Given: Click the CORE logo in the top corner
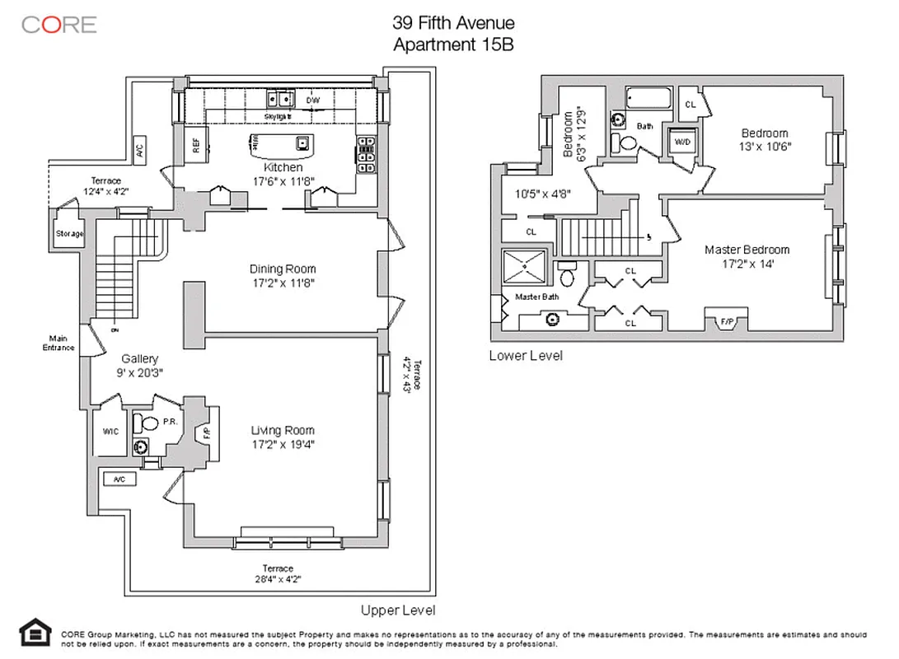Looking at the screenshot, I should click(59, 24).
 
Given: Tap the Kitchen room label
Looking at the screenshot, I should click(271, 167).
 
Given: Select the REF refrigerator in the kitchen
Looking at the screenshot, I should click(196, 146).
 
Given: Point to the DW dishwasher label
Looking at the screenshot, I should click(312, 100).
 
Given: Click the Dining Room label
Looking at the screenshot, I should click(283, 269).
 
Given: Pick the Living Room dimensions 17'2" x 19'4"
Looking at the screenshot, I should click(283, 445).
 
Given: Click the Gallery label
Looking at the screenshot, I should click(139, 359).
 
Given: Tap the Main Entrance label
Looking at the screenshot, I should click(59, 343).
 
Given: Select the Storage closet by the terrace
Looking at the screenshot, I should click(69, 234).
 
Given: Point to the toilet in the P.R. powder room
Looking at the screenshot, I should click(149, 424).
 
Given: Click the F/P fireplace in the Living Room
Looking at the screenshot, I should click(205, 432).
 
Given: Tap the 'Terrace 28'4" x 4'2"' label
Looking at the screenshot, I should click(278, 573).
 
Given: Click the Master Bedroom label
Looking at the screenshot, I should click(747, 250).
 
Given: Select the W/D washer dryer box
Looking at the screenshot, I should click(681, 142).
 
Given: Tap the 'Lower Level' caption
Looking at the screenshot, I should click(526, 356).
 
